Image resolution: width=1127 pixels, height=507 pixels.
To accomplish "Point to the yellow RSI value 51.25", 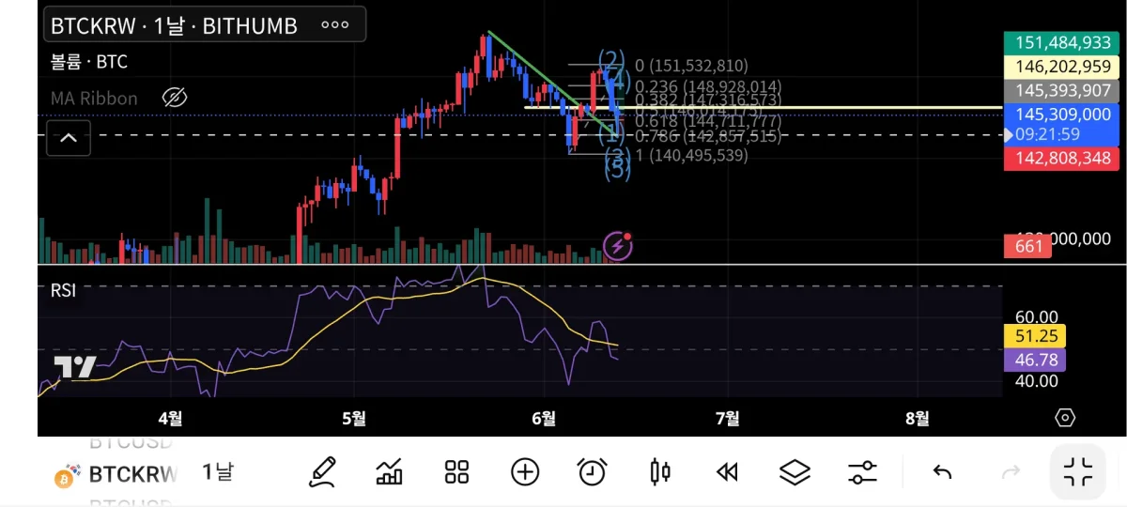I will tap(1034, 336).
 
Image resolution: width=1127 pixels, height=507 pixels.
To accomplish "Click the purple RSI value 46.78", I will tap(1034, 360).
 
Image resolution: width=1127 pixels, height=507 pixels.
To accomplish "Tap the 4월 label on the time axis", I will tap(170, 418).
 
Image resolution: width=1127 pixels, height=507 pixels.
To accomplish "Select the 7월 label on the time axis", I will tap(727, 418).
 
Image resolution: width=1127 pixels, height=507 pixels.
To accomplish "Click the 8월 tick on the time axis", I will tap(918, 418).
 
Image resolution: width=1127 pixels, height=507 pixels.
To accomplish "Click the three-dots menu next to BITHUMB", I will tap(335, 25).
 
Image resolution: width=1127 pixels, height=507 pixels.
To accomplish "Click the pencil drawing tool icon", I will tap(322, 471).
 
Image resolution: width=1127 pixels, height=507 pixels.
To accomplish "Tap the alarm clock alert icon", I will tap(592, 471).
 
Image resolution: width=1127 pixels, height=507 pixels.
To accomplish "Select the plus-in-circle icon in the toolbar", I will tap(524, 471).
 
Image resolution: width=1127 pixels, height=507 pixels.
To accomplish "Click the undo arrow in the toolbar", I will tap(942, 471).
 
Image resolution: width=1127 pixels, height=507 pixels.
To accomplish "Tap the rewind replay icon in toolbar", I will tap(727, 471).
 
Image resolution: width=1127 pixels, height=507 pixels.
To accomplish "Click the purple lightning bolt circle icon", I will tap(617, 246).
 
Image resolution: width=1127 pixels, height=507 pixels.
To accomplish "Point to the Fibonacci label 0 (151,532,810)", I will tap(691, 66).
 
